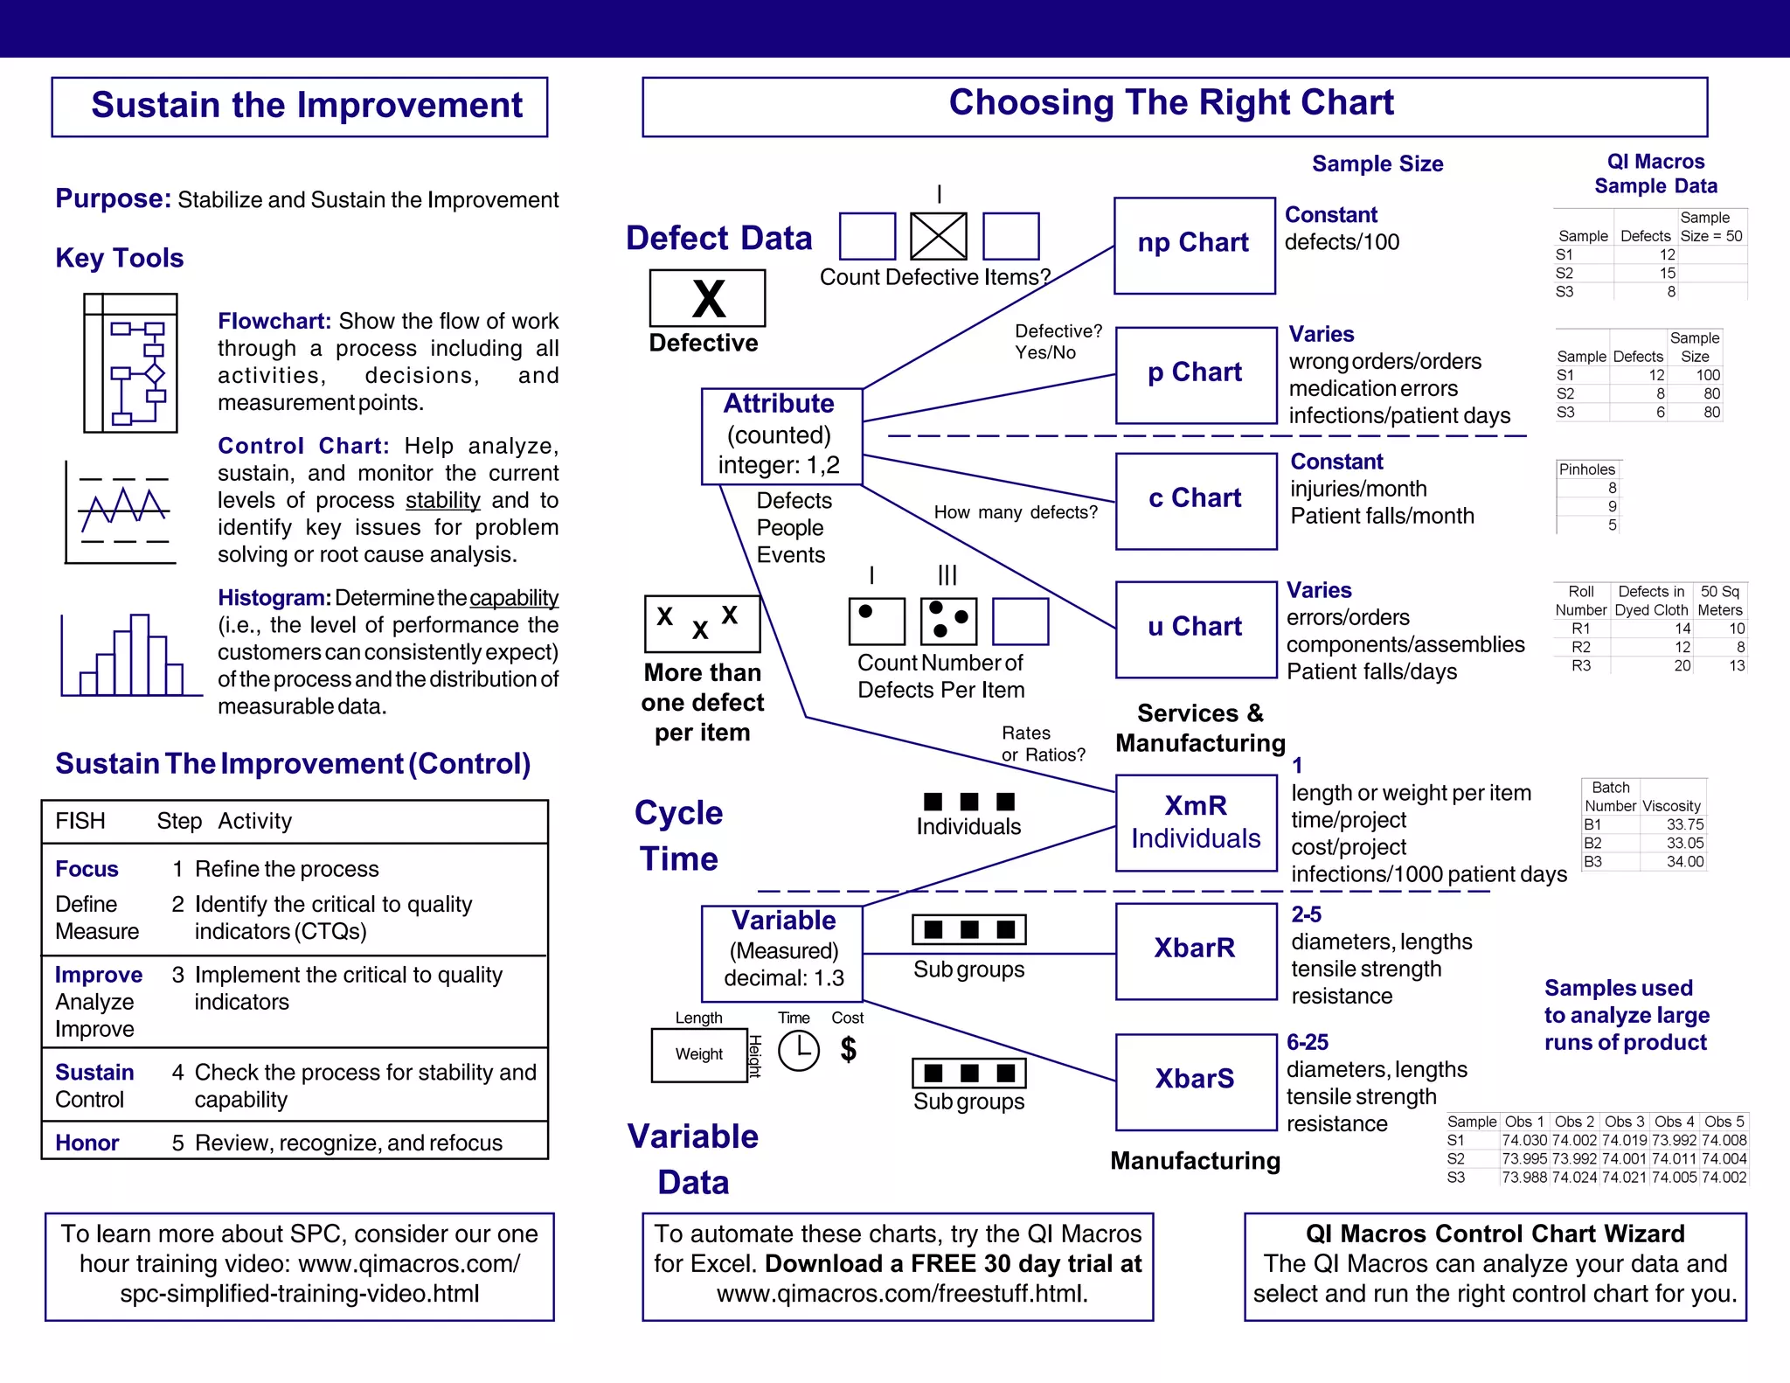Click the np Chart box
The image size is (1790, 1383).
pos(1194,245)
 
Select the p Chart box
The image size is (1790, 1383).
pos(1196,374)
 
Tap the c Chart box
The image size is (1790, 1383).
pos(1196,500)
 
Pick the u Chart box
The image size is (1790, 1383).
pos(1196,628)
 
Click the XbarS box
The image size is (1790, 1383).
pos(1196,1081)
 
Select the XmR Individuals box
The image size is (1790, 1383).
pos(1196,822)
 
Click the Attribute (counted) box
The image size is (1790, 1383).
pos(781,435)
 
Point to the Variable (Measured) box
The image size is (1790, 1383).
pos(781,951)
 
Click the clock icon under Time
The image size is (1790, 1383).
pos(798,1050)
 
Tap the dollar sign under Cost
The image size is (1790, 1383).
pos(848,1049)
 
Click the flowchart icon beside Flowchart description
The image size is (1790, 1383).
pos(131,363)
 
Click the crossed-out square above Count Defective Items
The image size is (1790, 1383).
pos(939,236)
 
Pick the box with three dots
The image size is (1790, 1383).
pos(948,621)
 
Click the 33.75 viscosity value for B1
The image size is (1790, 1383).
pos(1684,824)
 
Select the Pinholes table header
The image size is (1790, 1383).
pos(1587,469)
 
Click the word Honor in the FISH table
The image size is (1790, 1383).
pos(87,1143)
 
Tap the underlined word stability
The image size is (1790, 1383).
pos(442,500)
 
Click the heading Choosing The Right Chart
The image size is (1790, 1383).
pos(1171,103)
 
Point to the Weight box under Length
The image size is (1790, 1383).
pos(698,1054)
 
